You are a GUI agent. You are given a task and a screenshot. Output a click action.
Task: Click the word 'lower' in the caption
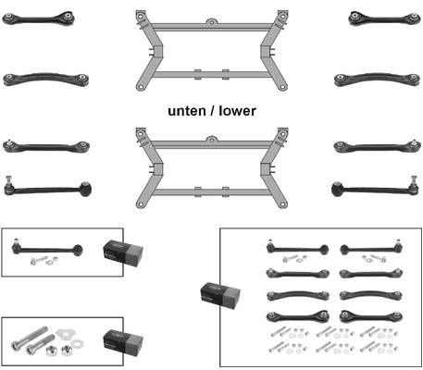238,111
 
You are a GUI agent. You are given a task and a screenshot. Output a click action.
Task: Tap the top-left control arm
38,18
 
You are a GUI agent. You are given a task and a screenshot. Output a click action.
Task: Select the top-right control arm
384,18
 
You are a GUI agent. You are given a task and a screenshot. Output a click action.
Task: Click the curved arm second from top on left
46,79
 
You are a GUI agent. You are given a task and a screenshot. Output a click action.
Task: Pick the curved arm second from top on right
377,79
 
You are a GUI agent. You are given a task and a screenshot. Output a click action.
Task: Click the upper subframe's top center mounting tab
211,21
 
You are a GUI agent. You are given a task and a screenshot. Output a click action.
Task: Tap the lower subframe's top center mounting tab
211,139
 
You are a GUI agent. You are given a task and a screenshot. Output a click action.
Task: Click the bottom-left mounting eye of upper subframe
141,87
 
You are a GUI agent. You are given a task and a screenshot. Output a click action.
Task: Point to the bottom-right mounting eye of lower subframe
282,203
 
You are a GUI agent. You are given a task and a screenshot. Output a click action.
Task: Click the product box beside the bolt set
123,341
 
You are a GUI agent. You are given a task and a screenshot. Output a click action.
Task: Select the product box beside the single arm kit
123,252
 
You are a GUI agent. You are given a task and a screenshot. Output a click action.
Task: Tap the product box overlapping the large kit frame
220,295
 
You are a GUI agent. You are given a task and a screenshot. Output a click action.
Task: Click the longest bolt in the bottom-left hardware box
30,338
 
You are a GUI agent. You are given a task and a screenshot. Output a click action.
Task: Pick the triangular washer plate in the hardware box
66,333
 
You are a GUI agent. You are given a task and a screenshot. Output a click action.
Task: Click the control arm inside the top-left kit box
47,249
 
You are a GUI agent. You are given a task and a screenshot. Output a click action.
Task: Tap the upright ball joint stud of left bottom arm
8,181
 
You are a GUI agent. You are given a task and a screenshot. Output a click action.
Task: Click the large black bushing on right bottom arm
338,189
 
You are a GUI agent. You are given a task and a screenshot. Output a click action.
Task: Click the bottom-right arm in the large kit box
371,316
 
